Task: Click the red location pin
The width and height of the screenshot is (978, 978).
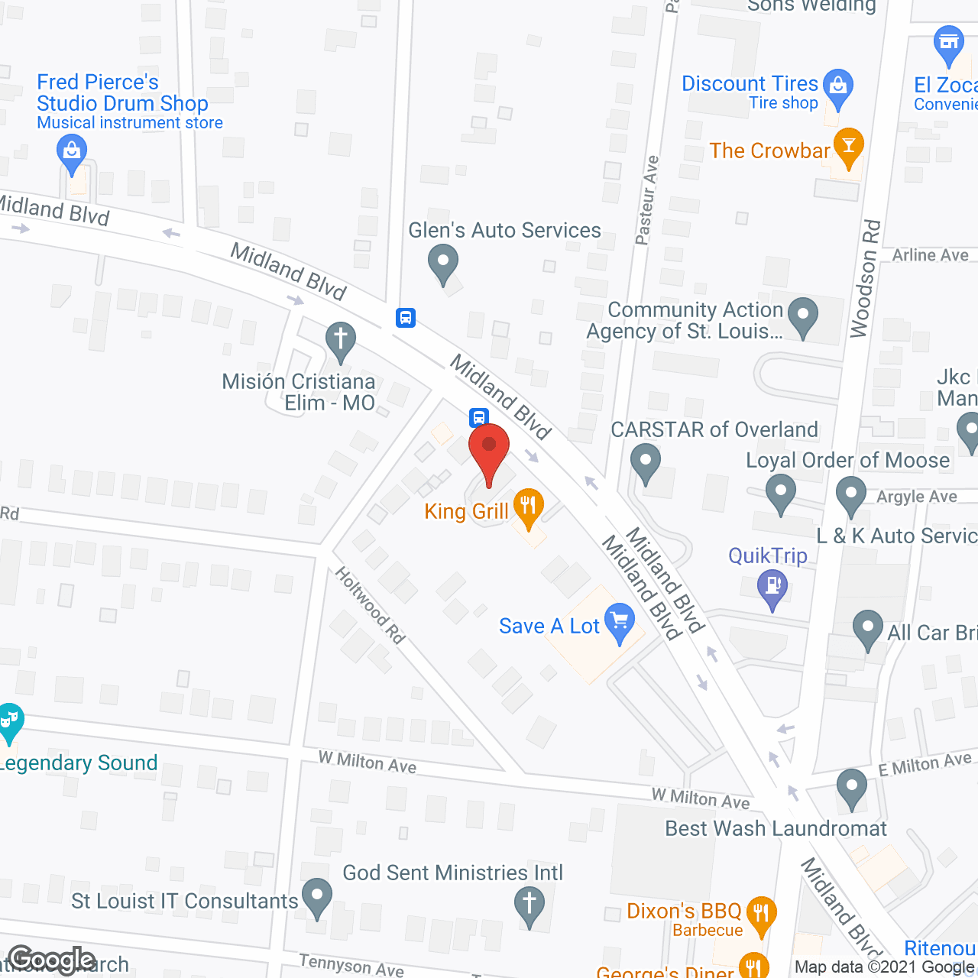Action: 489,452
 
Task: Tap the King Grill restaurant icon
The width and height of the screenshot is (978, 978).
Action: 528,507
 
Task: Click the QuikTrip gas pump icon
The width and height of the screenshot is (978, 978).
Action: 772,587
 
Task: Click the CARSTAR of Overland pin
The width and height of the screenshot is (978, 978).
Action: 646,462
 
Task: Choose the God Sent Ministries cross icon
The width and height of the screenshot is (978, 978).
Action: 529,904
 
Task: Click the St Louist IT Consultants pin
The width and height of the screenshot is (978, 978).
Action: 317,897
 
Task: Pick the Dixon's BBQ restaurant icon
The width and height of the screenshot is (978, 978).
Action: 761,914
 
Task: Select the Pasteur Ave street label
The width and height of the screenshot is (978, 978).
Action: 646,200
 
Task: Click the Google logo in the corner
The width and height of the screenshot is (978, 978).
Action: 51,960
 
